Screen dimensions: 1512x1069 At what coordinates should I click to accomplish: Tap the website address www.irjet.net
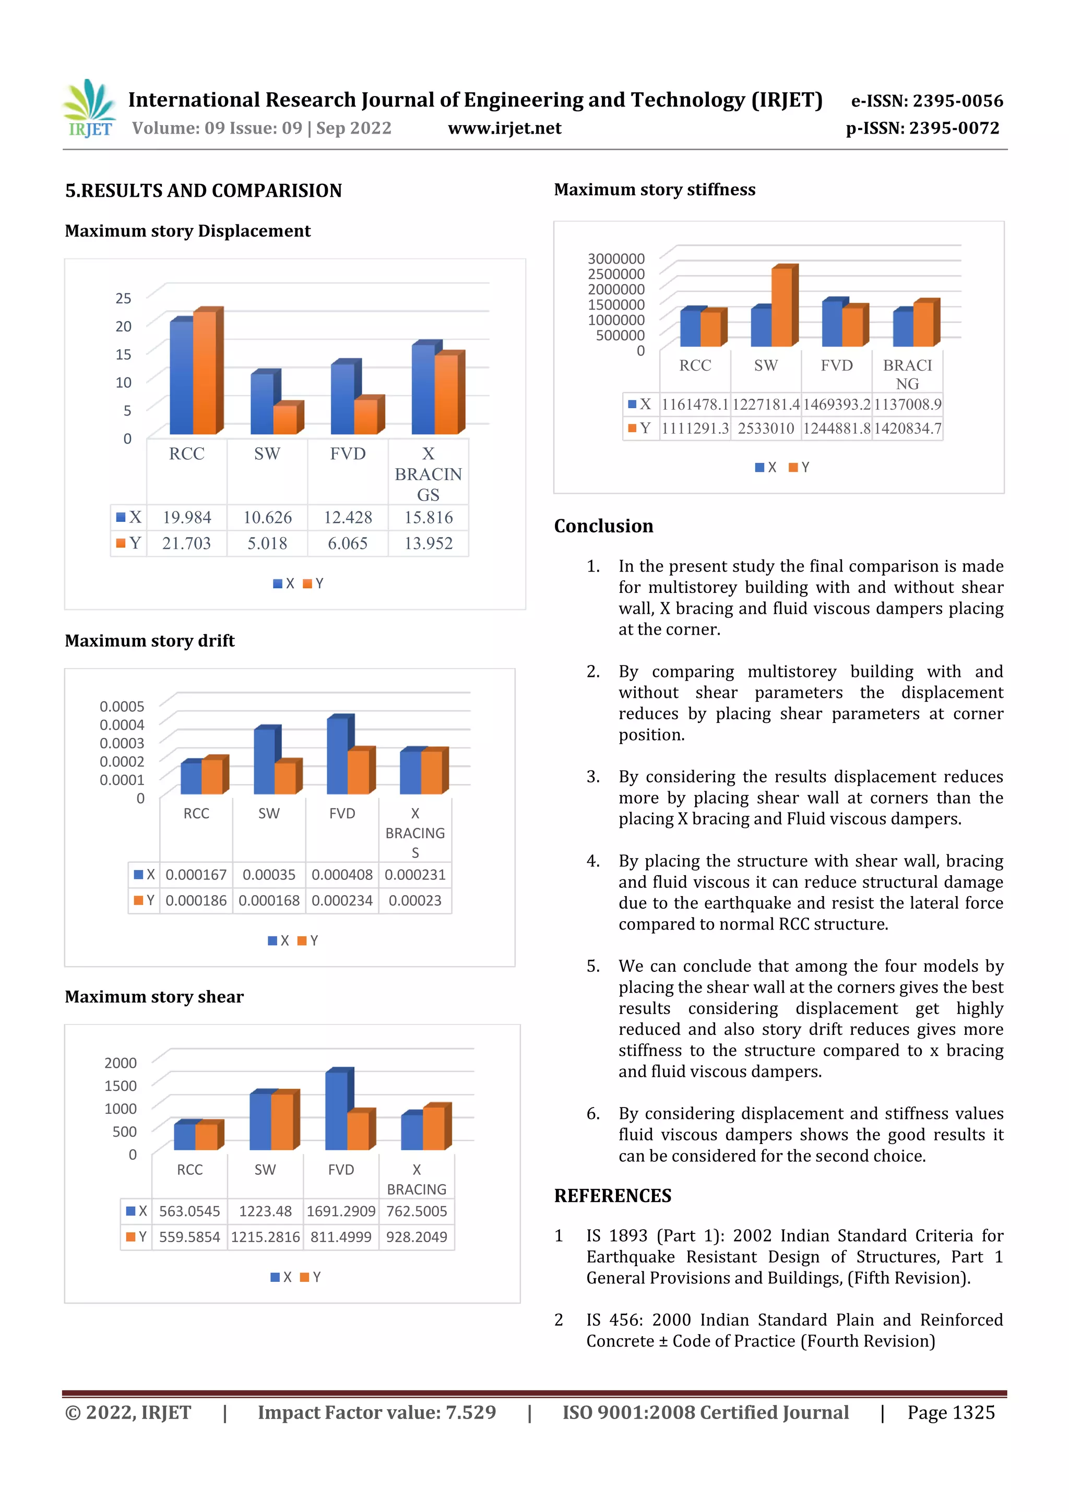[x=505, y=128]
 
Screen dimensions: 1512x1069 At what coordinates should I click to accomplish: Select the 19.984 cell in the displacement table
[x=187, y=518]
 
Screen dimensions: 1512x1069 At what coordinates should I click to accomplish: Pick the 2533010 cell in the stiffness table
[x=766, y=428]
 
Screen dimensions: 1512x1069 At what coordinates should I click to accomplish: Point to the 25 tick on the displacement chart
[x=123, y=299]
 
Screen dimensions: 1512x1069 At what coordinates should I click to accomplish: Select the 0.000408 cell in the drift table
[x=342, y=875]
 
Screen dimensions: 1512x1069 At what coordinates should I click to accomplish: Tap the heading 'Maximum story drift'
[x=149, y=641]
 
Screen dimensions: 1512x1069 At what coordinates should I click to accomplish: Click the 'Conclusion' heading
[x=603, y=526]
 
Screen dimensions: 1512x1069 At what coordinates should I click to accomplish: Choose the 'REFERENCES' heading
[x=613, y=1196]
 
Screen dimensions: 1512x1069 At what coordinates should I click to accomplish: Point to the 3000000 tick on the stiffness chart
[x=616, y=259]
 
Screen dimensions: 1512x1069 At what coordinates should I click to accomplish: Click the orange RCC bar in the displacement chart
[x=205, y=372]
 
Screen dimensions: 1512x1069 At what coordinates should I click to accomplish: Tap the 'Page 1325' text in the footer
[x=951, y=1412]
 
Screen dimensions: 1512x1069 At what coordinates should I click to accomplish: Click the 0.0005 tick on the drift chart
[x=122, y=707]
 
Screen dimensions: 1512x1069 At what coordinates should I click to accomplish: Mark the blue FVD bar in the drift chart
[x=337, y=755]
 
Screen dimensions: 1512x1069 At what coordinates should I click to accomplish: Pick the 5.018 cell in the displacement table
[x=267, y=544]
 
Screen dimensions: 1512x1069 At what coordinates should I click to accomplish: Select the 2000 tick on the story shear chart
[x=121, y=1063]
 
